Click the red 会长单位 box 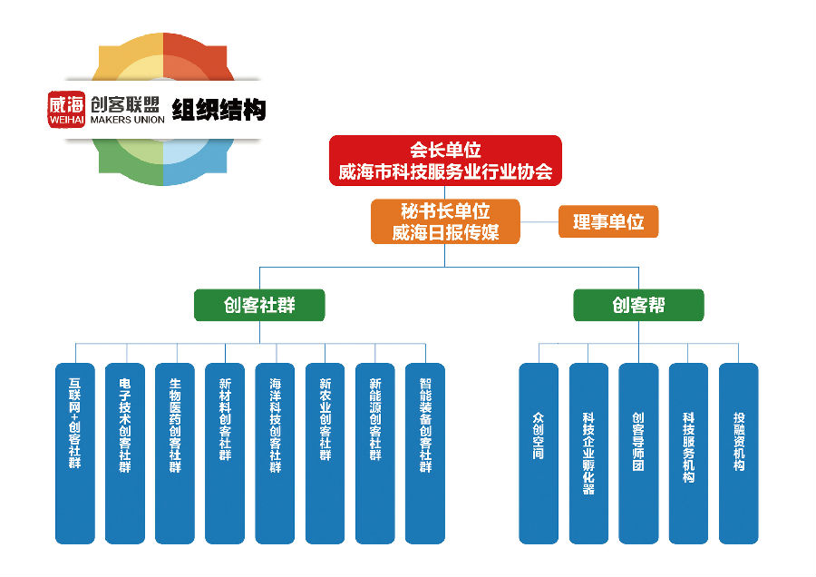[445, 161]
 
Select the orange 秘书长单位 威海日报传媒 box [446, 221]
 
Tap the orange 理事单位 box [607, 221]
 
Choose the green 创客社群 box [259, 305]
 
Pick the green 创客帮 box [638, 305]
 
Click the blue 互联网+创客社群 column [74, 453]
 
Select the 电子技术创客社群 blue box [125, 453]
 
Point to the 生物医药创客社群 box [175, 453]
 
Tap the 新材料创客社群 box [225, 453]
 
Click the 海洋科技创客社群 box [275, 453]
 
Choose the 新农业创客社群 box [325, 453]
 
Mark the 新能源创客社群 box [374, 453]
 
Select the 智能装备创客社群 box [425, 453]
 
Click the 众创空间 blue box [539, 453]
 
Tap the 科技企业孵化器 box [588, 453]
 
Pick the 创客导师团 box [638, 453]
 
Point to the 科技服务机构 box [688, 453]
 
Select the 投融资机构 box [738, 453]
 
